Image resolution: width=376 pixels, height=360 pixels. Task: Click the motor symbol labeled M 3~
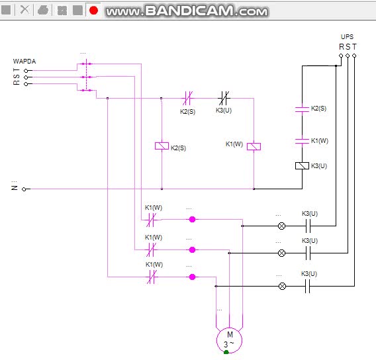click(x=229, y=339)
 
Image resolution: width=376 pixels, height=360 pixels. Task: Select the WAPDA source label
click(x=24, y=62)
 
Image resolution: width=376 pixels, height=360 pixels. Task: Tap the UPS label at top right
click(x=347, y=37)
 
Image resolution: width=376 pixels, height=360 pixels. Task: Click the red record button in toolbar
click(x=93, y=10)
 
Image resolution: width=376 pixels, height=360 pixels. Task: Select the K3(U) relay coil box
click(x=302, y=165)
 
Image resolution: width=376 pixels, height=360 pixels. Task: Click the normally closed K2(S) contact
click(x=187, y=99)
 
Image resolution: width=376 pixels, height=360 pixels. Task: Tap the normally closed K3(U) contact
click(x=224, y=99)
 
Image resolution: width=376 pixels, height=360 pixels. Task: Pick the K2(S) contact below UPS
click(x=302, y=109)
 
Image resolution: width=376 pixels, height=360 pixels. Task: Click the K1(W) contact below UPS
click(x=302, y=140)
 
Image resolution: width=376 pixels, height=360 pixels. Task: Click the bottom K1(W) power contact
click(x=152, y=277)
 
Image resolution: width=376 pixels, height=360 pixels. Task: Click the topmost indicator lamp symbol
click(x=281, y=226)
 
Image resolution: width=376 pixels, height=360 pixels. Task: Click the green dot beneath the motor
click(x=226, y=352)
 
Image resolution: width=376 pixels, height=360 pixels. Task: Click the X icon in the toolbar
click(x=24, y=10)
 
